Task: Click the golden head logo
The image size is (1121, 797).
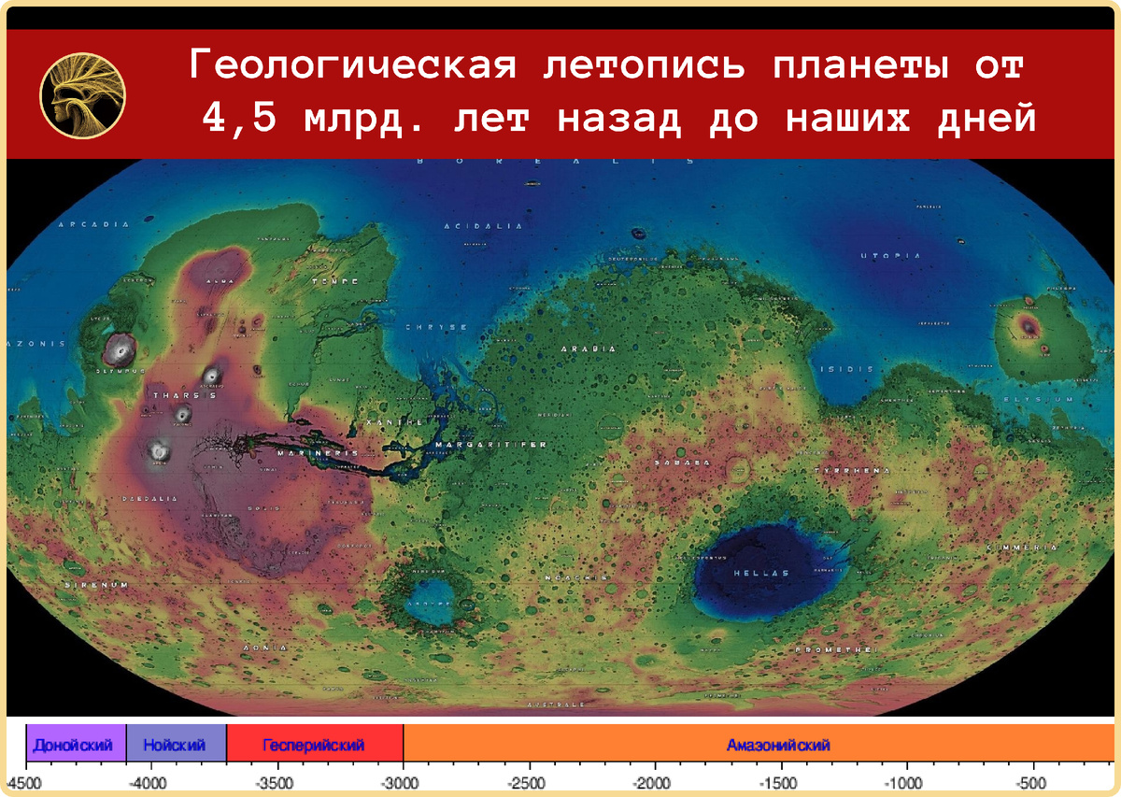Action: pyautogui.click(x=82, y=93)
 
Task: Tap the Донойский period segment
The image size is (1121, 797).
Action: pyautogui.click(x=74, y=745)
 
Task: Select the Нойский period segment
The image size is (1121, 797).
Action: pyautogui.click(x=175, y=745)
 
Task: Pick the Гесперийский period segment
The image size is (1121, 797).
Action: pyautogui.click(x=313, y=745)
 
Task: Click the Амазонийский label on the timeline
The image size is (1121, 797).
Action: pyautogui.click(x=778, y=745)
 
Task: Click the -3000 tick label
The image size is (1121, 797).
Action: pyautogui.click(x=402, y=781)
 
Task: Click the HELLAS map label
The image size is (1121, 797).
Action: pyautogui.click(x=761, y=573)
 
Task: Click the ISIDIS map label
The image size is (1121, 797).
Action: pyautogui.click(x=848, y=369)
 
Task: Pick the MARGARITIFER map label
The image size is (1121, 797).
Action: pyautogui.click(x=490, y=445)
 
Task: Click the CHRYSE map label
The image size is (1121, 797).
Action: pyautogui.click(x=435, y=327)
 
